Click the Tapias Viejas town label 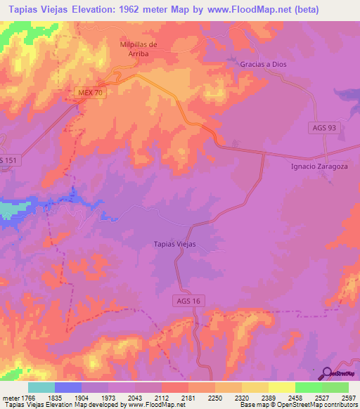[174, 244]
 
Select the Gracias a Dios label [263, 63]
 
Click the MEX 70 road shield [89, 93]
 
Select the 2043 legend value [135, 397]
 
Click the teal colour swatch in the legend [41, 387]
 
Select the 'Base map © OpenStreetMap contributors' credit [298, 404]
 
